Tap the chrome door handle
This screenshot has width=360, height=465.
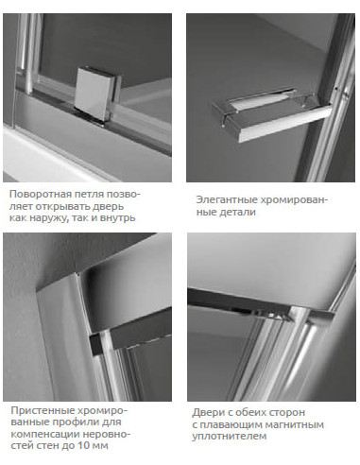pyautogui.click(x=271, y=114)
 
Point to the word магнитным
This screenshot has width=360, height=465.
pyautogui.click(x=295, y=424)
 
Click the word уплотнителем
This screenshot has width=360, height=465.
pyautogui.click(x=230, y=437)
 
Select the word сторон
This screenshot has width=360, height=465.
pyautogui.click(x=287, y=412)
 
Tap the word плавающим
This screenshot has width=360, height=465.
pyautogui.click(x=231, y=424)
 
